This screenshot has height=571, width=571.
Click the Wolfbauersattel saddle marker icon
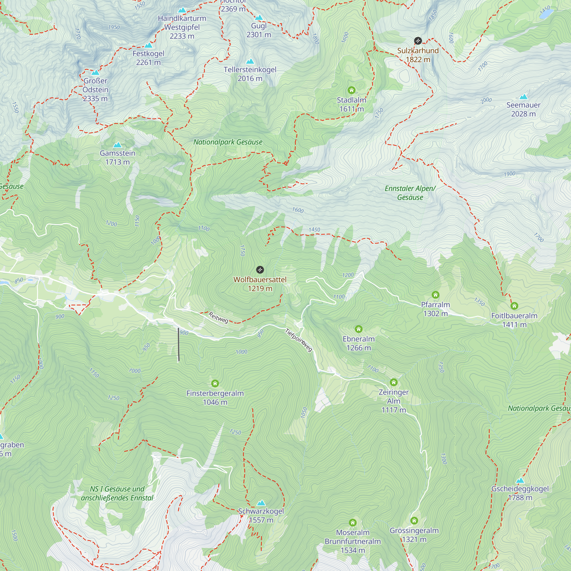pyautogui.click(x=260, y=270)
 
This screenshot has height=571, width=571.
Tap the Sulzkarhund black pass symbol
pyautogui.click(x=418, y=41)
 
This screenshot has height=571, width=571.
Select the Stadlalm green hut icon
pyautogui.click(x=351, y=90)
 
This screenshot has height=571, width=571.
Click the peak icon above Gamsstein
pyautogui.click(x=117, y=145)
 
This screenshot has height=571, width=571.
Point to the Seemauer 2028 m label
pyautogui.click(x=523, y=109)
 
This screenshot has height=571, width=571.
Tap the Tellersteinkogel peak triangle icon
pyautogui.click(x=250, y=61)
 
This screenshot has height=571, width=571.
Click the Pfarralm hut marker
pyautogui.click(x=435, y=295)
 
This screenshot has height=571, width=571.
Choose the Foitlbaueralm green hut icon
pyautogui.click(x=514, y=305)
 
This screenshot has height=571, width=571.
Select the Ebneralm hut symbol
pyautogui.click(x=359, y=329)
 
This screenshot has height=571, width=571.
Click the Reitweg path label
pyautogui.click(x=218, y=317)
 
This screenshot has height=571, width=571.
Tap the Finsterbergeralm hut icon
pyautogui.click(x=215, y=383)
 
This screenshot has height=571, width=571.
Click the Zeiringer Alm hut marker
pyautogui.click(x=393, y=382)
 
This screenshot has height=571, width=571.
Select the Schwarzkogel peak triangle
pyautogui.click(x=261, y=503)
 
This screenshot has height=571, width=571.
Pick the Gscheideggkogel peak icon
pyautogui.click(x=520, y=480)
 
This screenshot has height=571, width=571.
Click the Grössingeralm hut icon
pyautogui.click(x=414, y=520)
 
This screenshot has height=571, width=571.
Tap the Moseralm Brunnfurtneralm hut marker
pyautogui.click(x=353, y=522)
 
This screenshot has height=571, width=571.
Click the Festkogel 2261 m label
pyautogui.click(x=148, y=58)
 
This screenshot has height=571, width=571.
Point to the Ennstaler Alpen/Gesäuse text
pyautogui.click(x=410, y=193)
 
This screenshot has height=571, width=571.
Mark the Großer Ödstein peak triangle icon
pyautogui.click(x=95, y=73)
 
